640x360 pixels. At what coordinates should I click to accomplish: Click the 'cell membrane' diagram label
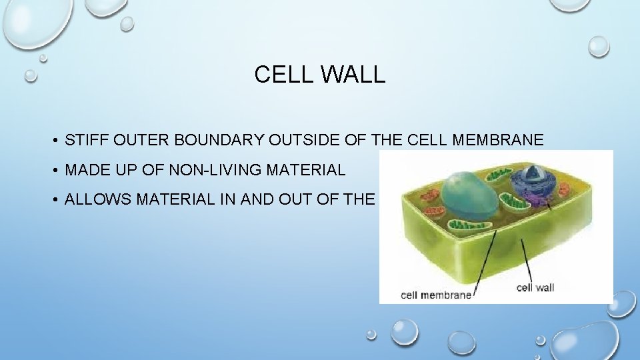pos(435,294)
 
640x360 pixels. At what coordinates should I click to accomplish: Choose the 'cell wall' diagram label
pos(535,287)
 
